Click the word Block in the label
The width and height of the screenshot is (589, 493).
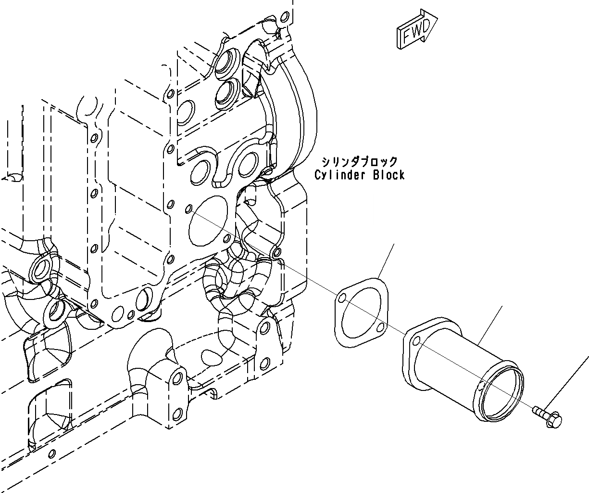click(x=388, y=175)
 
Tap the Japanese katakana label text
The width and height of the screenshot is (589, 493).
click(x=360, y=162)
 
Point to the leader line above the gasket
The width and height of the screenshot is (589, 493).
click(x=387, y=260)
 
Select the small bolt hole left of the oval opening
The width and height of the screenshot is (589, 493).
click(x=188, y=209)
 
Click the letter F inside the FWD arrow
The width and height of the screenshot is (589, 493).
click(x=407, y=37)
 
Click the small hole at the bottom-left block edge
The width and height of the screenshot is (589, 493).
click(x=52, y=453)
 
